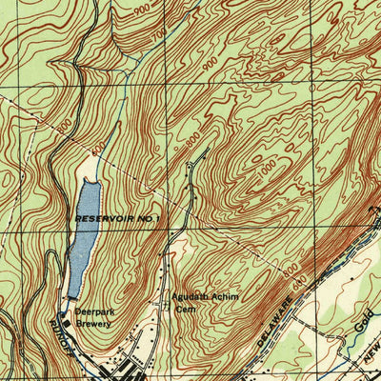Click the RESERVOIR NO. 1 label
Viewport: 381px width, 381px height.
click(x=117, y=219)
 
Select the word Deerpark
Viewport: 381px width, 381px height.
click(x=95, y=312)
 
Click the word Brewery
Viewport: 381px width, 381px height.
click(x=94, y=324)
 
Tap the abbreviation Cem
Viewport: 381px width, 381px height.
click(x=184, y=309)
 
